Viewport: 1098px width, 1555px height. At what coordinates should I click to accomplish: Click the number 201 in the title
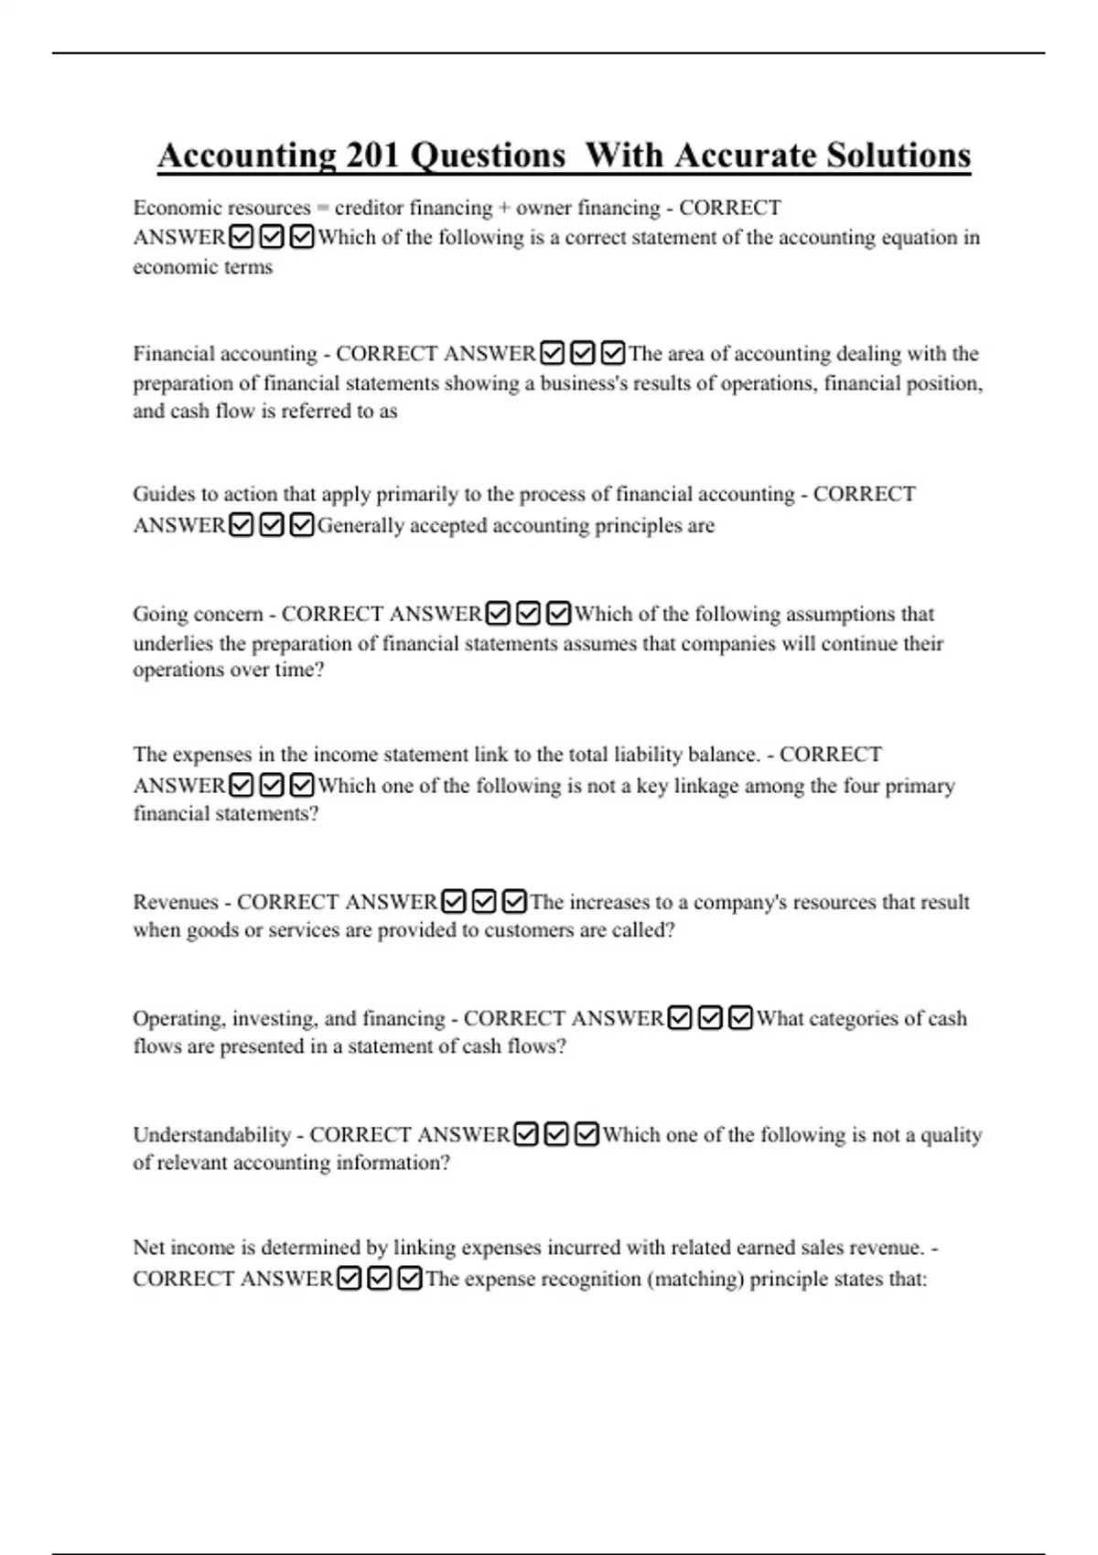[372, 155]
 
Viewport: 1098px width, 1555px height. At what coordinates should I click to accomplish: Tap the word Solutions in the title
[898, 155]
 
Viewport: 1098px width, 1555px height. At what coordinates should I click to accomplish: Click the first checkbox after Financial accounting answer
[552, 353]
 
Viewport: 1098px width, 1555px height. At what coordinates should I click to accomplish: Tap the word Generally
[361, 526]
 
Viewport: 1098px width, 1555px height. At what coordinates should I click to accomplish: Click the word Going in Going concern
[157, 614]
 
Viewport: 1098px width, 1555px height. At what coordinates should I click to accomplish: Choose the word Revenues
[176, 902]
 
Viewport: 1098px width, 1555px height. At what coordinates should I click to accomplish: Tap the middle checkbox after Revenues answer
[485, 902]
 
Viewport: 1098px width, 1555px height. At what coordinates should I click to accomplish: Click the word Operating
[178, 1019]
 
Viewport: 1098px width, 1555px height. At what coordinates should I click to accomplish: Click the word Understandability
[211, 1135]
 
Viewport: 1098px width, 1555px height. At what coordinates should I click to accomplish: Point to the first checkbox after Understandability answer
[526, 1135]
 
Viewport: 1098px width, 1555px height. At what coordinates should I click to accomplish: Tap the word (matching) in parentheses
[695, 1279]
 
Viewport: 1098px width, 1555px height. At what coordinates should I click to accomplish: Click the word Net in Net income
[148, 1248]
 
